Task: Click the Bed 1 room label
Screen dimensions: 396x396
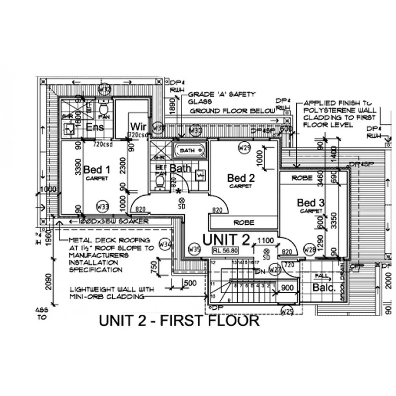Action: coord(97,170)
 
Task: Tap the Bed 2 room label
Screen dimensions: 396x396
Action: coord(241,178)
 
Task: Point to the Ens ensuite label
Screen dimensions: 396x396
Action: coord(95,127)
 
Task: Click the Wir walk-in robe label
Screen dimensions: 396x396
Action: coord(138,127)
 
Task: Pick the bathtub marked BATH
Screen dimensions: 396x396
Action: coord(189,150)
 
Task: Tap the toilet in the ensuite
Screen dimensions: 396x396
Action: coord(103,108)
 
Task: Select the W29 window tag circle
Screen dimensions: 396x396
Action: coord(244,148)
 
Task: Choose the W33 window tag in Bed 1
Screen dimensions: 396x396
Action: coord(103,207)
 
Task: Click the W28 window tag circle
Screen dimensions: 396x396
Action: coord(310,250)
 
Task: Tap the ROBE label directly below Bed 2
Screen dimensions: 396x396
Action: coord(244,223)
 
